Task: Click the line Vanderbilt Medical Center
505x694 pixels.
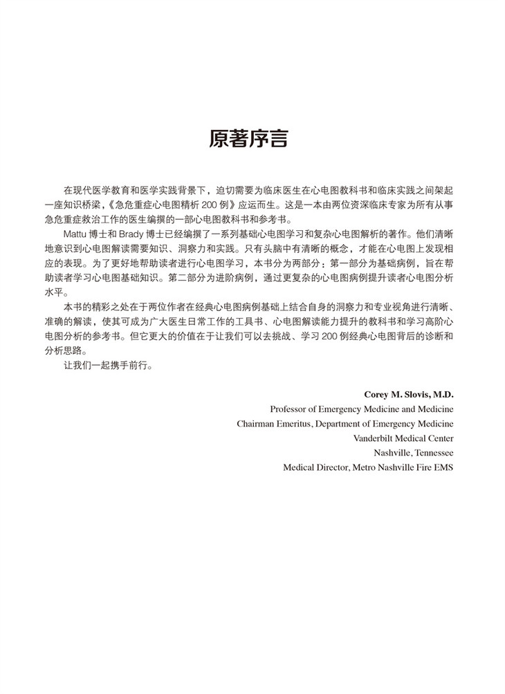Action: coord(403,438)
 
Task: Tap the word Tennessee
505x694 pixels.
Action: coord(432,452)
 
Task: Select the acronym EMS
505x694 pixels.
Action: coord(444,467)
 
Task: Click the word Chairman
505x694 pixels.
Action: coord(258,423)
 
